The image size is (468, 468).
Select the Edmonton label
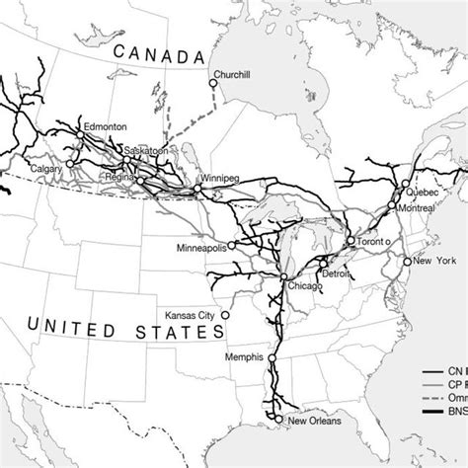click(109, 127)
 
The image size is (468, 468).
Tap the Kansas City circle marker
click(224, 315)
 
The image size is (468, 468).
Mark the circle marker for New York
click(406, 262)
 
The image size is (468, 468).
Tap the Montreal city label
click(419, 209)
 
